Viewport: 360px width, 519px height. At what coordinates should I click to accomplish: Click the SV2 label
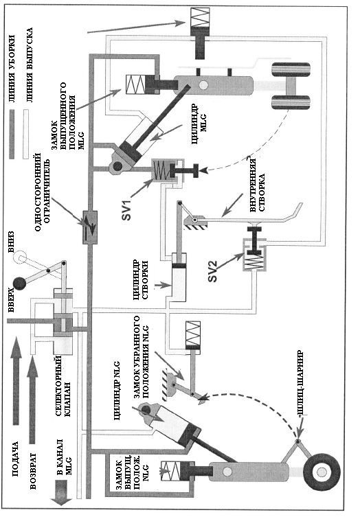[212, 271]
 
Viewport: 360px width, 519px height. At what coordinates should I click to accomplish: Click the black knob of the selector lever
[19, 284]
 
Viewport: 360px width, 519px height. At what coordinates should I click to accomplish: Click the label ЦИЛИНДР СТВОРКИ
[140, 279]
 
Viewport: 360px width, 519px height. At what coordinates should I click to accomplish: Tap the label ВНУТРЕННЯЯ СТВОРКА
[257, 185]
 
